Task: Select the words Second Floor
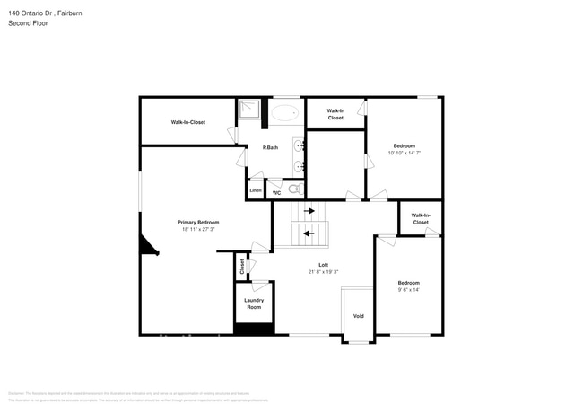click(x=27, y=23)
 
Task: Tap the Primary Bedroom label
click(x=197, y=222)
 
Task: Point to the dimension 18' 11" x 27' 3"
click(x=197, y=229)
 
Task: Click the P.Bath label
click(x=270, y=147)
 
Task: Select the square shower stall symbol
click(x=248, y=112)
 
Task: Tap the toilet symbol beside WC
click(x=294, y=189)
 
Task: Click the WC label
click(x=276, y=192)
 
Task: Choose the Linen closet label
click(x=256, y=190)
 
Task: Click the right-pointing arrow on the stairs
click(x=309, y=211)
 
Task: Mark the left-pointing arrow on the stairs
click(x=309, y=233)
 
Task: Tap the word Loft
click(x=323, y=264)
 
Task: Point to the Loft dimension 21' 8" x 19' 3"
click(x=323, y=271)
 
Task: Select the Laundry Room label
click(x=254, y=303)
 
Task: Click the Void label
click(x=358, y=316)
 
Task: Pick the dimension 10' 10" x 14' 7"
click(x=405, y=154)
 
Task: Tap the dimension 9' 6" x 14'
click(x=408, y=289)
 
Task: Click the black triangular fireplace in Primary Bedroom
click(x=145, y=246)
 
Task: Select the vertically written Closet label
click(x=240, y=267)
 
